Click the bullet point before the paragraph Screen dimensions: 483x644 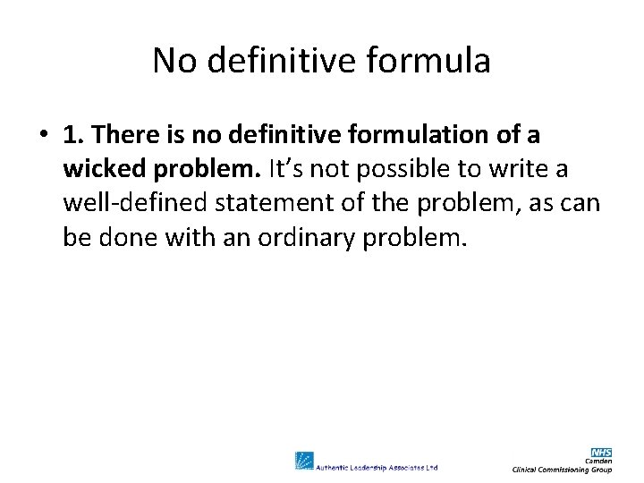(x=42, y=135)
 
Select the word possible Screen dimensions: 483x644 (x=382, y=169)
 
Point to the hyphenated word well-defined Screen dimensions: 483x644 (x=135, y=203)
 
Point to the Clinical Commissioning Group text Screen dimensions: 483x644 (x=562, y=470)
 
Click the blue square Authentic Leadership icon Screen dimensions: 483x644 (x=304, y=462)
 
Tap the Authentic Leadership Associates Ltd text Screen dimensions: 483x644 (x=377, y=466)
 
